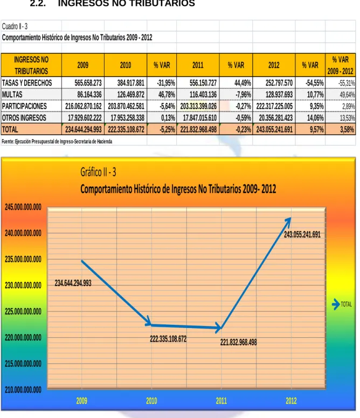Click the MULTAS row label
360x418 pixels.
[12, 95]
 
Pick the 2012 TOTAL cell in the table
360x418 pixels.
[274, 130]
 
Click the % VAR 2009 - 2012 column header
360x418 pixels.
[340, 65]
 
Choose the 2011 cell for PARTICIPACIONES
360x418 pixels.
[198, 106]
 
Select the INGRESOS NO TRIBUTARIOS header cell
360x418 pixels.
[31, 65]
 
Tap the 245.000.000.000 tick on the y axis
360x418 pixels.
[23, 207]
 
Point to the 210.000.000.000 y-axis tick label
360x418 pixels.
[23, 390]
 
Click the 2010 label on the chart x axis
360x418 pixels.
[151, 401]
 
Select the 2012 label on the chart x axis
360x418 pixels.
[291, 401]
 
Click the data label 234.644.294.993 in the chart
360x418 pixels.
[73, 283]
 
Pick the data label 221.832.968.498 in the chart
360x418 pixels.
[238, 342]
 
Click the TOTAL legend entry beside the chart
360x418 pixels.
[342, 304]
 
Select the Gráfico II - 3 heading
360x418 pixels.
[99, 172]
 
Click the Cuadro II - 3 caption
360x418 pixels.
[15, 26]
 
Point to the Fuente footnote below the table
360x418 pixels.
[57, 142]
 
